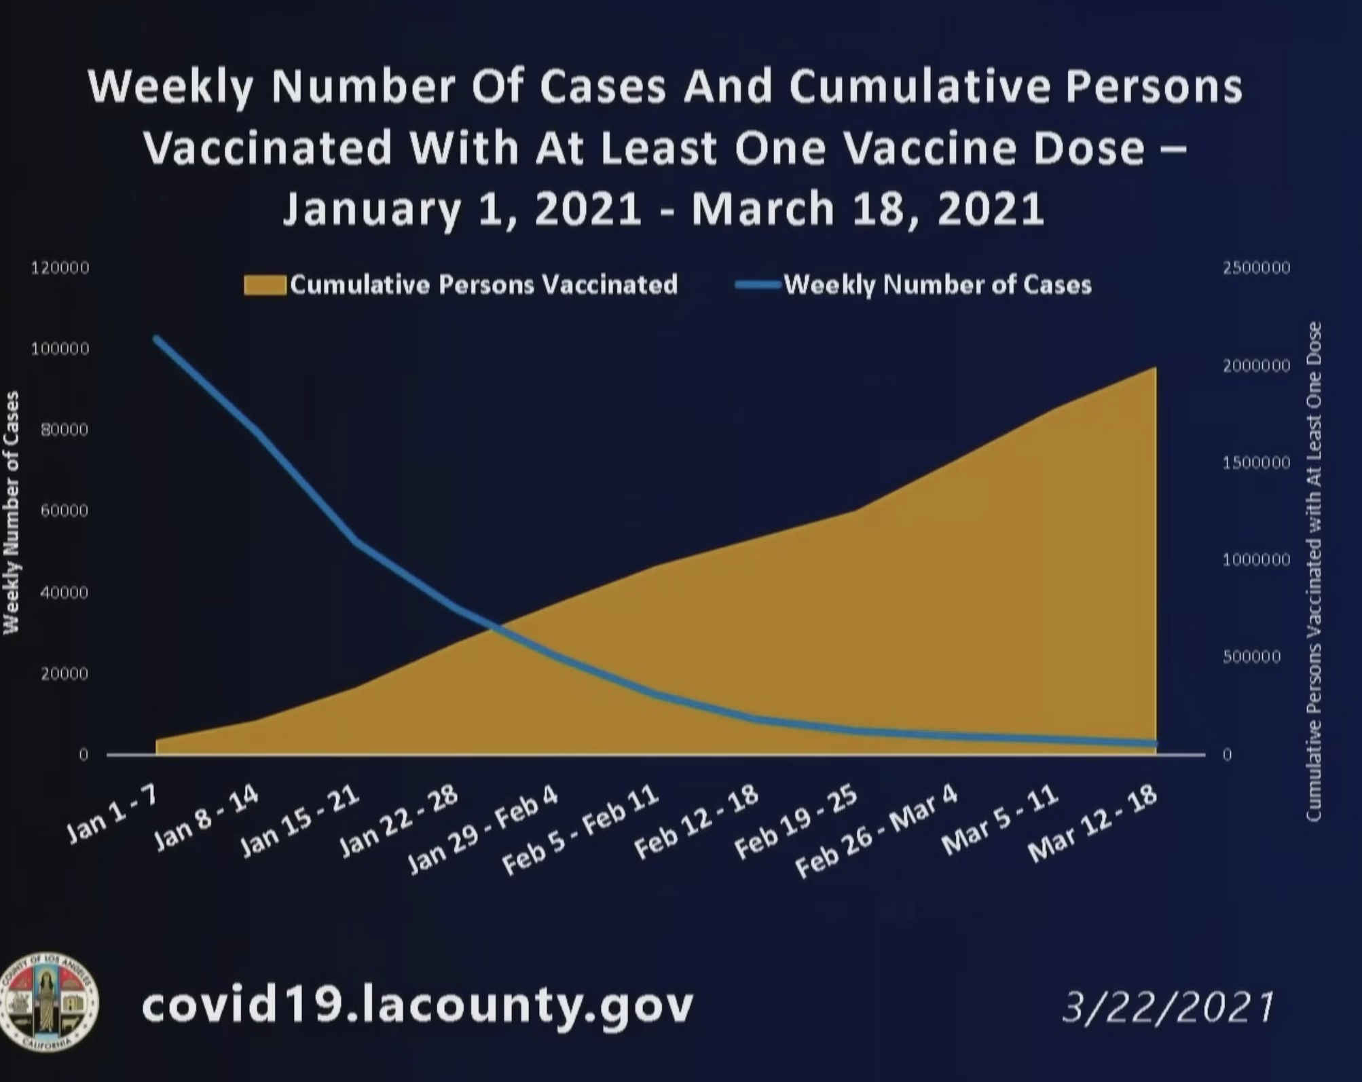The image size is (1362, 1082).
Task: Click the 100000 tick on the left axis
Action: click(60, 349)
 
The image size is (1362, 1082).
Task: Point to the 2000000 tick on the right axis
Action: click(1256, 367)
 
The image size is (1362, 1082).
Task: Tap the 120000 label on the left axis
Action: click(60, 268)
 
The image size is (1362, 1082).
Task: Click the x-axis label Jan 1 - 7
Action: click(113, 820)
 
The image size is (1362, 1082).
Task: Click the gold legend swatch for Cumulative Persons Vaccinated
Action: click(265, 285)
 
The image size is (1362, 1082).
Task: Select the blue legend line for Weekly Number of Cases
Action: click(758, 285)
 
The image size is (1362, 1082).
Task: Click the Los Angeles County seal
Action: click(49, 1002)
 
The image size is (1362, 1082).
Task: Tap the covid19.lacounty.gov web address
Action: click(418, 1005)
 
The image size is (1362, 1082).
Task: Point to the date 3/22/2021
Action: click(1167, 1007)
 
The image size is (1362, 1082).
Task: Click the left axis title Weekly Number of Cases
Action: click(12, 512)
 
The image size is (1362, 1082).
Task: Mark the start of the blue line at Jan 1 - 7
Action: click(157, 338)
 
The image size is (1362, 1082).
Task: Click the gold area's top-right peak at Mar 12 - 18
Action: click(1154, 368)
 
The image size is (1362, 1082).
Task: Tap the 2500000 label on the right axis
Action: click(1256, 268)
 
